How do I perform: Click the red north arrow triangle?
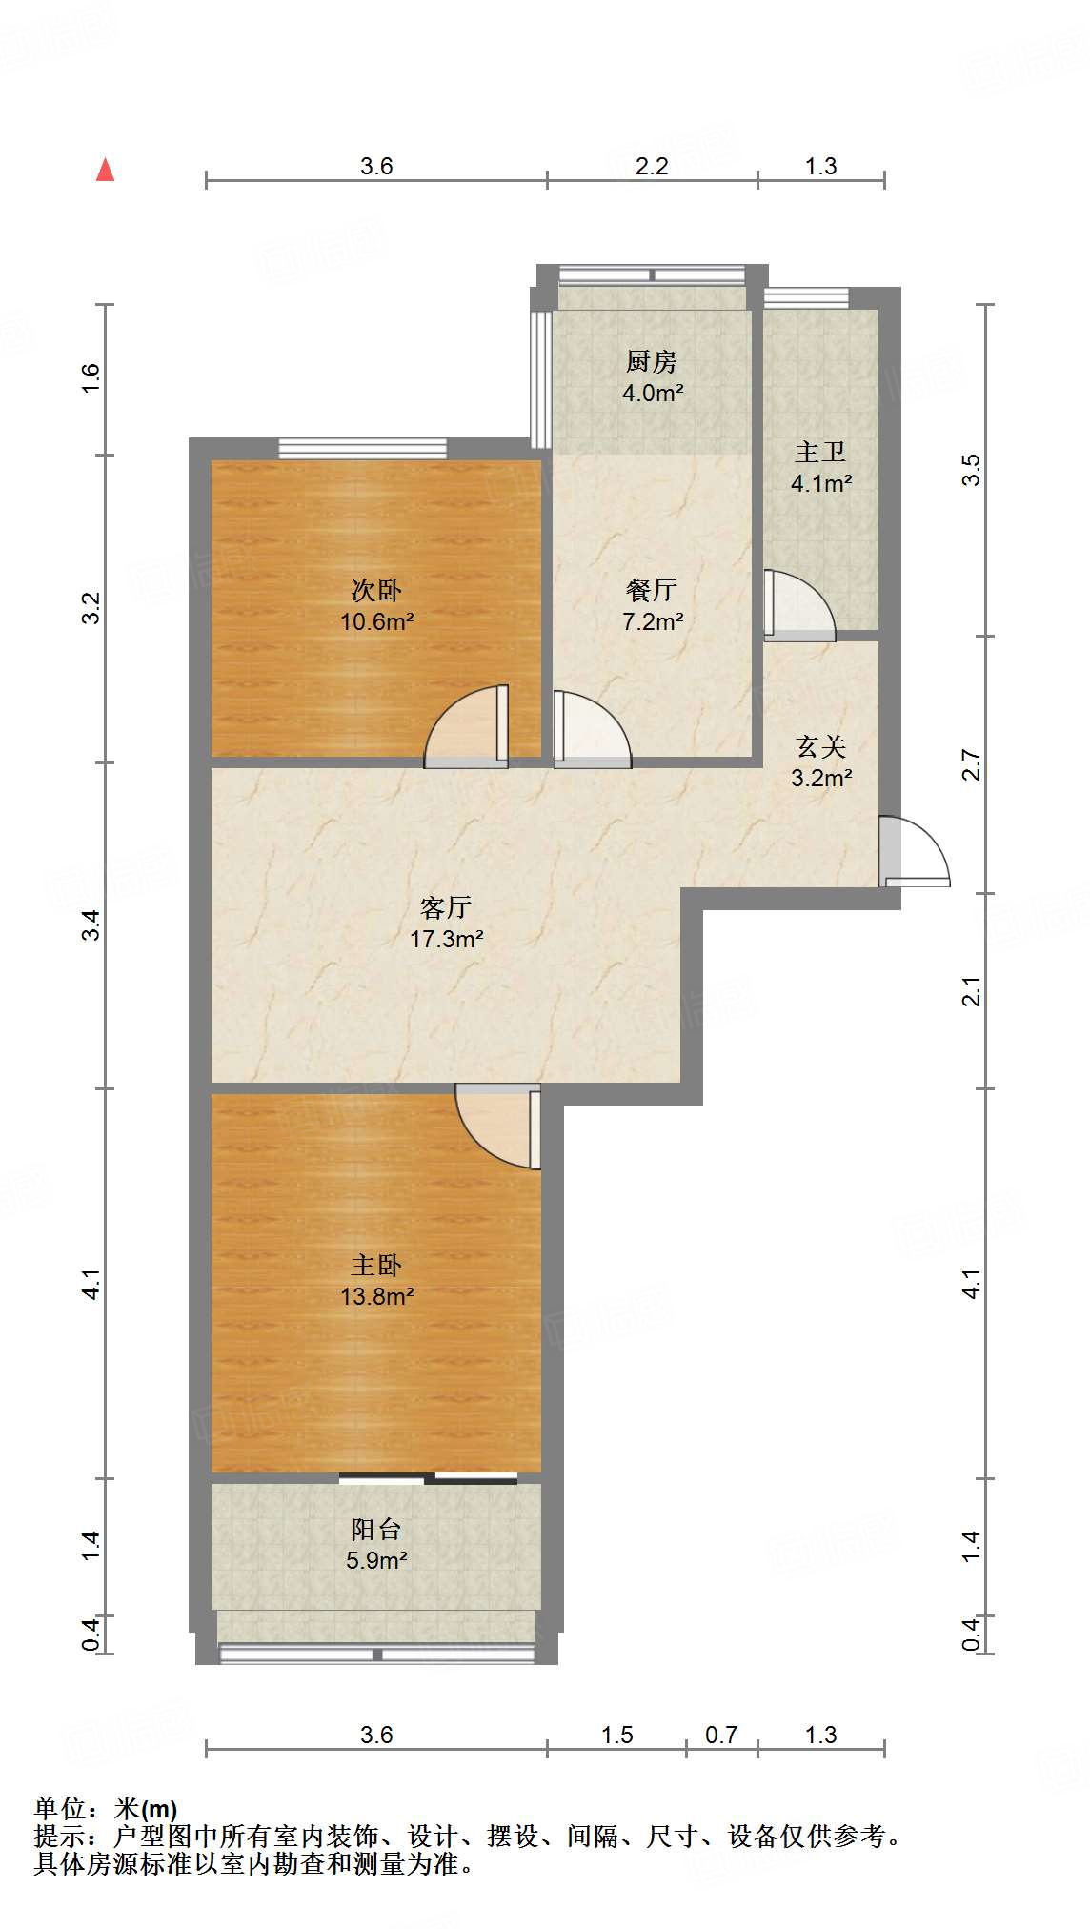click(106, 171)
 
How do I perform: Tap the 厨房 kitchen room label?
click(652, 361)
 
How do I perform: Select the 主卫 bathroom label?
click(820, 452)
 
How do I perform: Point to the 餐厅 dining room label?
click(652, 590)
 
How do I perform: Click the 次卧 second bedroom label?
click(376, 591)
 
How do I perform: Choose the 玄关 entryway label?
click(820, 746)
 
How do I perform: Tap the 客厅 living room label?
click(446, 907)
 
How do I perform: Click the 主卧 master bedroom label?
click(376, 1265)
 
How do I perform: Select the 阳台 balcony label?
click(376, 1529)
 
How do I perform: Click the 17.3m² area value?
click(446, 939)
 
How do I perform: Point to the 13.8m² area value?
click(376, 1296)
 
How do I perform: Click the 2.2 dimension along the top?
click(652, 166)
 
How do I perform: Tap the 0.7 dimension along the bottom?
click(721, 1735)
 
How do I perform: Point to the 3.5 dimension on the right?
click(971, 470)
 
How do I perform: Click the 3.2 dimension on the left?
click(91, 608)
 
